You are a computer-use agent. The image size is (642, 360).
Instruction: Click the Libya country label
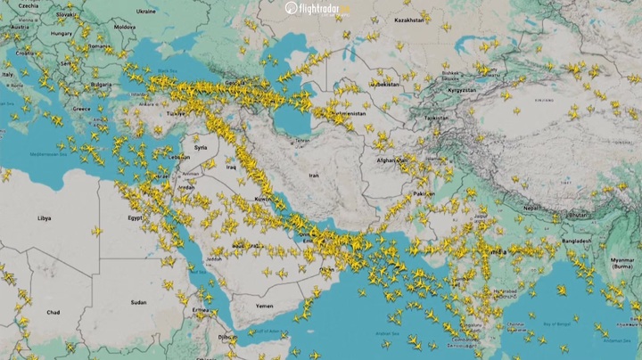pos(44,217)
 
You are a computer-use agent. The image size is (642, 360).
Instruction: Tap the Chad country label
pos(53,313)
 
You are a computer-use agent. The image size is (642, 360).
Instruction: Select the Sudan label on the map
pos(138,302)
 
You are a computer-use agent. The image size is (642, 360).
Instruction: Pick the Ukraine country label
pos(146,12)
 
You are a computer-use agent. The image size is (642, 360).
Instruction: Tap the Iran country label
pos(313,176)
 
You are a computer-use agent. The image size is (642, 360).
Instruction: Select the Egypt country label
pos(135,217)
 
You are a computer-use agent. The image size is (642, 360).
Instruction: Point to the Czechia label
pos(28,5)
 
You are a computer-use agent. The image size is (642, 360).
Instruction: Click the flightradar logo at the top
pos(318,9)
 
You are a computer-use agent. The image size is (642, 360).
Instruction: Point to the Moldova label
pos(125,27)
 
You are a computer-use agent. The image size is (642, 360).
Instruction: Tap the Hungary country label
pos(62,34)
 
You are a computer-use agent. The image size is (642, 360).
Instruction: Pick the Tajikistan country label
pos(436,118)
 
